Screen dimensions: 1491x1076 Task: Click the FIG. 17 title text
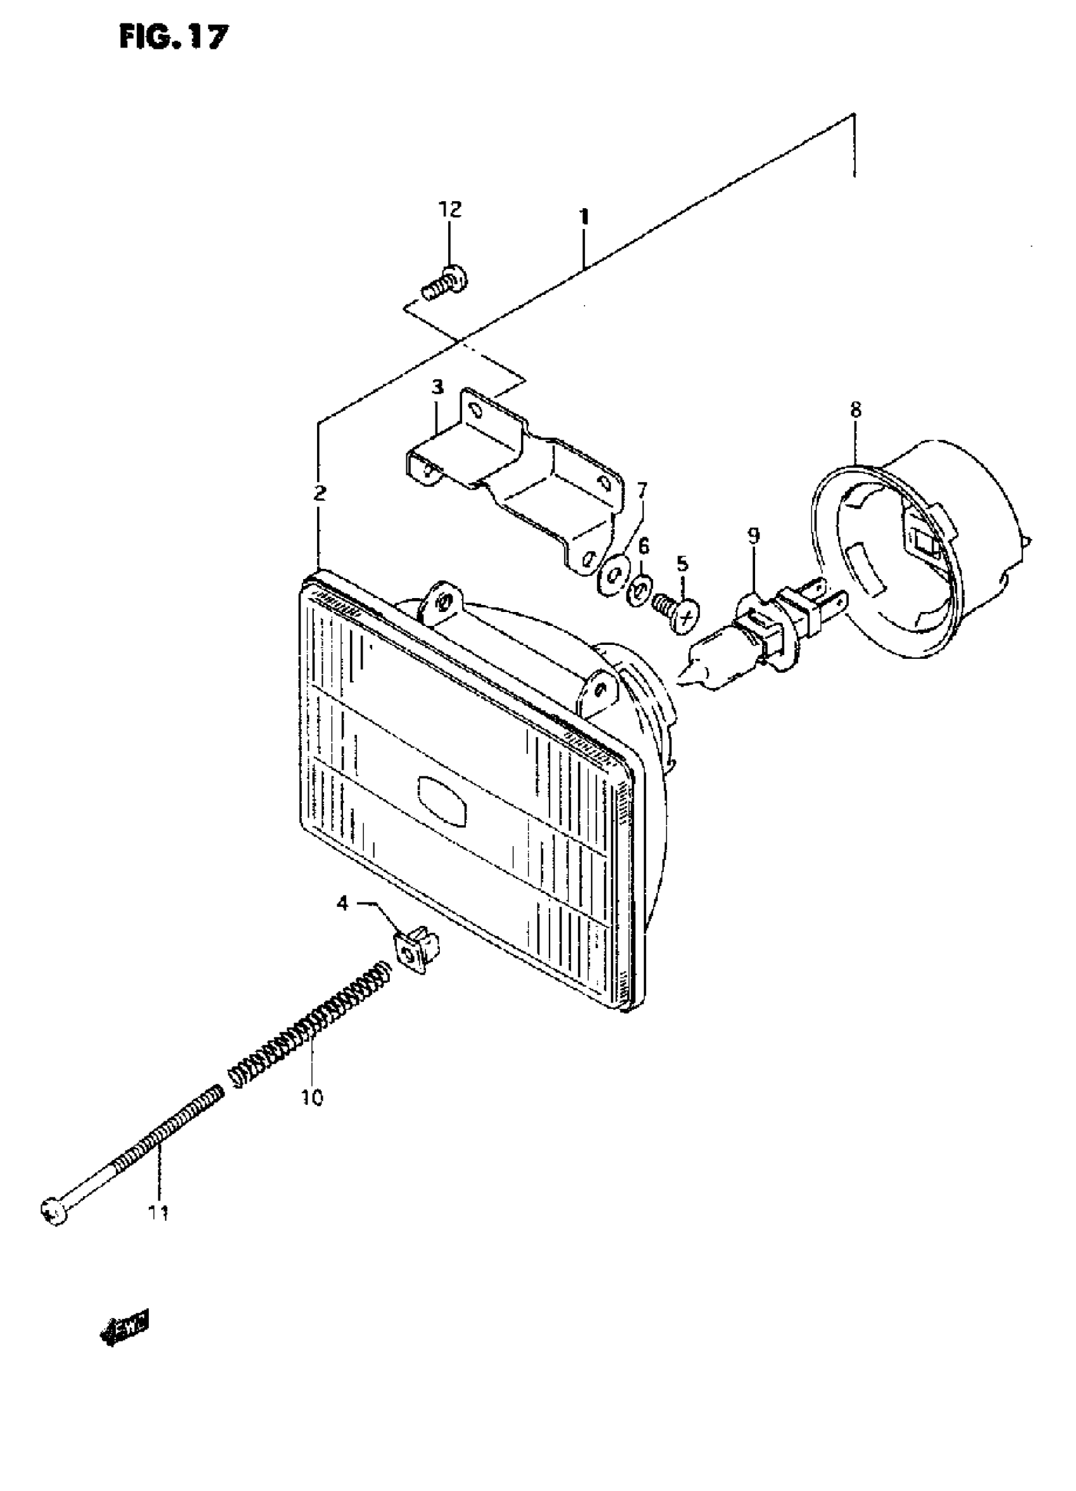coord(173,38)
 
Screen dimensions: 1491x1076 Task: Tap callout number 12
coord(450,209)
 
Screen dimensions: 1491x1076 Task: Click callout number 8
coord(854,409)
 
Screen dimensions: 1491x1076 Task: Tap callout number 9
coord(753,536)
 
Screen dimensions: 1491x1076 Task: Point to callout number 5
coord(683,563)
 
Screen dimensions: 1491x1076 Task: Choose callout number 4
coord(342,904)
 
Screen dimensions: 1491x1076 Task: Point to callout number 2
coord(320,492)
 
